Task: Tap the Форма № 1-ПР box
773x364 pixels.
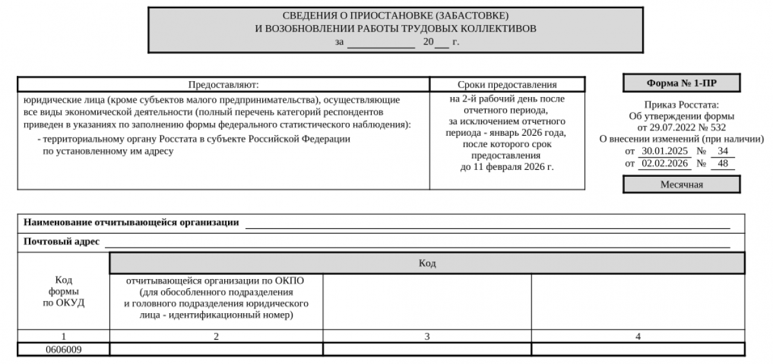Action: [x=681, y=84]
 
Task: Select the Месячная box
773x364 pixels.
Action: [x=681, y=185]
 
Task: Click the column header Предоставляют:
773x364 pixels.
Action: [x=223, y=85]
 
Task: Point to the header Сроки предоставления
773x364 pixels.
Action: [x=507, y=85]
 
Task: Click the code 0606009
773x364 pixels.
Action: [x=63, y=349]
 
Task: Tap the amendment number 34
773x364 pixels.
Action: [x=722, y=151]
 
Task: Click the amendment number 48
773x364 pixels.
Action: [x=722, y=163]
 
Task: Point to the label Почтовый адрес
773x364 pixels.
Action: [x=61, y=242]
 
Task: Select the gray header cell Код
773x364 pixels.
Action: [x=427, y=263]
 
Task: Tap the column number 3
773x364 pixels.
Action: [x=426, y=336]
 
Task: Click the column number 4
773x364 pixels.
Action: [x=638, y=336]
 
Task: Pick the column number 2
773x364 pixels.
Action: [x=216, y=336]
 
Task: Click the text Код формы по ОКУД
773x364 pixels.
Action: [x=63, y=291]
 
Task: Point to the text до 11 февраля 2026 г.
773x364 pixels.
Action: [x=507, y=167]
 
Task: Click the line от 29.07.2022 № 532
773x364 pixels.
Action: [x=681, y=127]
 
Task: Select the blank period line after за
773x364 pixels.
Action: [x=381, y=42]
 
